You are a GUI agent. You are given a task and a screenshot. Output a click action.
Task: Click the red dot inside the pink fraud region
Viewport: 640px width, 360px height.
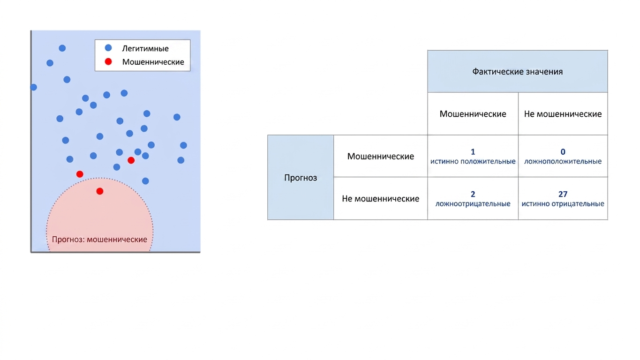click(100, 191)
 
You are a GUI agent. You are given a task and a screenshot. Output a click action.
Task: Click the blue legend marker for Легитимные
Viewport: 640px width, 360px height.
click(108, 48)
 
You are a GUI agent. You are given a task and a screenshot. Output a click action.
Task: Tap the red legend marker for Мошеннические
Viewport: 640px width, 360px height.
click(108, 61)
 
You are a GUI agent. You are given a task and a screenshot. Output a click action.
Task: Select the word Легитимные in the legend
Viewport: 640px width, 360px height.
click(145, 49)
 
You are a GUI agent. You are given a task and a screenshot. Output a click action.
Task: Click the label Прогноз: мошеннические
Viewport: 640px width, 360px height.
click(99, 240)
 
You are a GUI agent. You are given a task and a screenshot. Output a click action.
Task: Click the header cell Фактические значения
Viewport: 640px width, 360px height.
click(518, 71)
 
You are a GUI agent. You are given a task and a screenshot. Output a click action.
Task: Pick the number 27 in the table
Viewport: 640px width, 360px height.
click(563, 194)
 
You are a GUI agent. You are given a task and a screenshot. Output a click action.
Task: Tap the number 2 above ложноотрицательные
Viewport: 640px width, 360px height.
click(473, 194)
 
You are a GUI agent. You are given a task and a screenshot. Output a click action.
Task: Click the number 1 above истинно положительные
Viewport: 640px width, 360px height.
click(473, 152)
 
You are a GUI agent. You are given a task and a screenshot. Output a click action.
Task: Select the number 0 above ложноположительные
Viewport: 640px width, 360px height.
click(563, 152)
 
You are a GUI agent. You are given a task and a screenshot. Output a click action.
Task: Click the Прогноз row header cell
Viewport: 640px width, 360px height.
click(301, 178)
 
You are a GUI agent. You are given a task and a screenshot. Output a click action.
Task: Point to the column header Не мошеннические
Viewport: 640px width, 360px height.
click(563, 114)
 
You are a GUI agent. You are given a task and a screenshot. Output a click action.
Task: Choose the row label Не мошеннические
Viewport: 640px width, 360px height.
click(381, 199)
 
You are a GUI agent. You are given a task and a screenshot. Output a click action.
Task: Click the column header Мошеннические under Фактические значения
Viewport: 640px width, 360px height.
click(473, 114)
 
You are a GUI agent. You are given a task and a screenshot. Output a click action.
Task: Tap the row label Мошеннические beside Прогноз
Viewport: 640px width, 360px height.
click(381, 156)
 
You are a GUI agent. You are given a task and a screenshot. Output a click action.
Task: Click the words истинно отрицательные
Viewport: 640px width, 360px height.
click(563, 204)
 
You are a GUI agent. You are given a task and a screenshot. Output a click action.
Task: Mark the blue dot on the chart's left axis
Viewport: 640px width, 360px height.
click(33, 87)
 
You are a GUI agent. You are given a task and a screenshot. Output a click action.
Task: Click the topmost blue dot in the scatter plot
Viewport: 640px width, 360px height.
click(62, 48)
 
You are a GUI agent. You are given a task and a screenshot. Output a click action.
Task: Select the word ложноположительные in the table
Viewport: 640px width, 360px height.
click(563, 161)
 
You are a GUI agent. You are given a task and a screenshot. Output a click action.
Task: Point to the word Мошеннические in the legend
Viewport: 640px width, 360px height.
click(153, 62)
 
